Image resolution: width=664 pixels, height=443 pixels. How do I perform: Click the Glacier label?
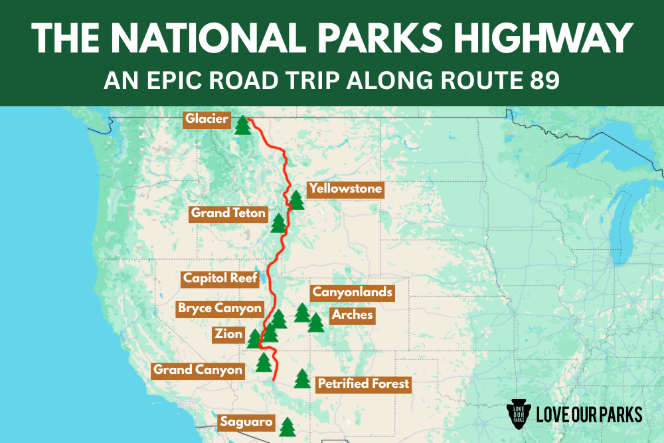point(207,120)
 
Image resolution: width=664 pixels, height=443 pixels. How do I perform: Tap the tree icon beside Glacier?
point(243,124)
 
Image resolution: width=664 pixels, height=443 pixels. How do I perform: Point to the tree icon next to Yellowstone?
point(296,199)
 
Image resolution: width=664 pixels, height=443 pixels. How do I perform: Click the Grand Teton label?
point(228,213)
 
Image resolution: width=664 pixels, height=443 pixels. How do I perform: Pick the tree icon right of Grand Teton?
point(278,223)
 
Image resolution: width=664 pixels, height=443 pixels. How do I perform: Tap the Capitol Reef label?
point(220,278)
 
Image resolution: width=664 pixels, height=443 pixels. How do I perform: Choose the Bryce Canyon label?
point(220,308)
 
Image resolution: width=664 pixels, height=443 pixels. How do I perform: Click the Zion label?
point(228,334)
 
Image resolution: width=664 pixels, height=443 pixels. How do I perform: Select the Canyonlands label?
point(353,292)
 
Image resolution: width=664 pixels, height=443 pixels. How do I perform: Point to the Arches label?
point(353,314)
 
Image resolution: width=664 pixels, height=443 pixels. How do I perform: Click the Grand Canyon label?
point(198,370)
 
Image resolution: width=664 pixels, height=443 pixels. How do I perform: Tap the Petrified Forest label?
point(363,383)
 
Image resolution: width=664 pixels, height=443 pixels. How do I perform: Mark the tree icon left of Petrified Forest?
point(303,379)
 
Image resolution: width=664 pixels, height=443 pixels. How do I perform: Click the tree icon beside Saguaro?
point(287,426)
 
